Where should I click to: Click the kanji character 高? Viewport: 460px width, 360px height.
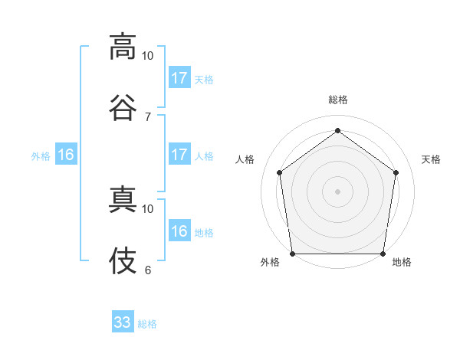coord(123,47)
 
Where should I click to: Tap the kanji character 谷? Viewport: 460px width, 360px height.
coord(123,108)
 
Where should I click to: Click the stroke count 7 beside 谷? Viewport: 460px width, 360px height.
coord(147,116)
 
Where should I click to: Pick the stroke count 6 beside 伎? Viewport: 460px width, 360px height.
coord(147,270)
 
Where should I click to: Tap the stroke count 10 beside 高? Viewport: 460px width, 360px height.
coord(147,55)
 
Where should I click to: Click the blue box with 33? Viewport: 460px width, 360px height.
coord(123,322)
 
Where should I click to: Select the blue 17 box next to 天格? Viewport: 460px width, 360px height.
coord(179,78)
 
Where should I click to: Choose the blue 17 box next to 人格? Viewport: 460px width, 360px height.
coord(179,155)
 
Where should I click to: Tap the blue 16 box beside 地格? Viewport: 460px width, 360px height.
coord(179,231)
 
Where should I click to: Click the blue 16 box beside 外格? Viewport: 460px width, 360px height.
coord(66,155)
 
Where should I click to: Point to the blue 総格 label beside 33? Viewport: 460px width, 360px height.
coord(147,324)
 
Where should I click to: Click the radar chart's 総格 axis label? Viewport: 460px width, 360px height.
coord(338,100)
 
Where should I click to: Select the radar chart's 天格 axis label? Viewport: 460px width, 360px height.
coord(432,159)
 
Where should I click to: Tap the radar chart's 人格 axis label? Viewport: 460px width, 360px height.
coord(245,159)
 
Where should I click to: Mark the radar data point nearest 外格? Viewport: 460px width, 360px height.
coord(292,254)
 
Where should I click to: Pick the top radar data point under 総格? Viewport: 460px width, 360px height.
coord(338,130)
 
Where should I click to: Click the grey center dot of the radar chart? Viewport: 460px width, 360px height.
coord(338,191)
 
